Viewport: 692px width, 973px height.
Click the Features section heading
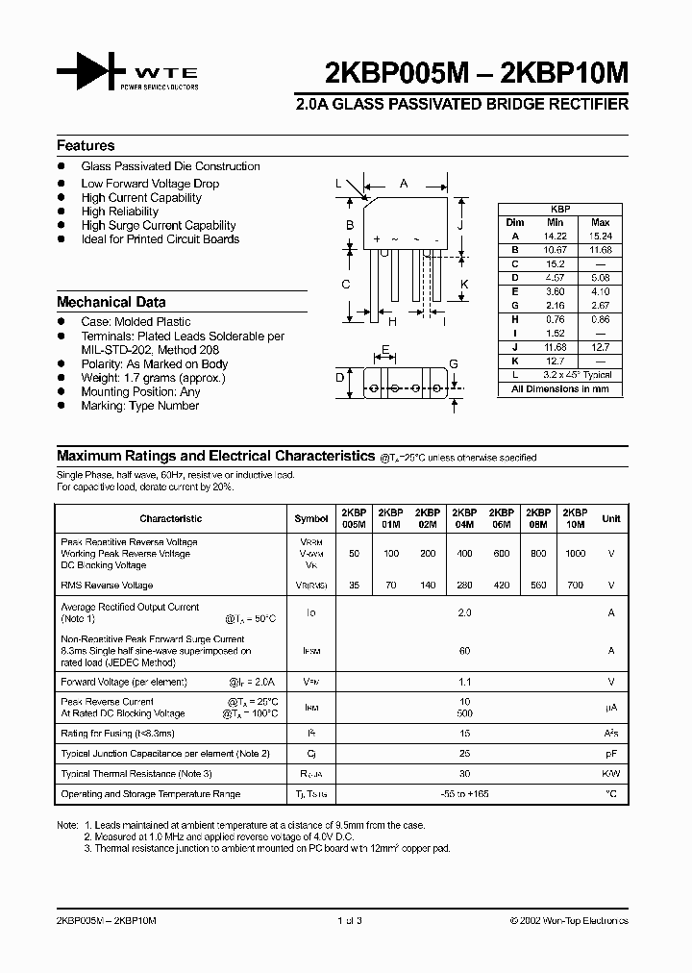pos(86,146)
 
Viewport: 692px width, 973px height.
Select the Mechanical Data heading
pos(111,302)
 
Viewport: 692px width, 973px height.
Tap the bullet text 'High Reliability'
pos(120,212)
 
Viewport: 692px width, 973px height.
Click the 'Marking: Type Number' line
pos(139,406)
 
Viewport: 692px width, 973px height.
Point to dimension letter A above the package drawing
pos(404,183)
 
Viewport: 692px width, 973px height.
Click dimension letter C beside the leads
pos(345,284)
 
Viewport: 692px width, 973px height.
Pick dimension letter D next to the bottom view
pos(339,378)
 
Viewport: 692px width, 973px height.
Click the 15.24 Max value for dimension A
pos(601,236)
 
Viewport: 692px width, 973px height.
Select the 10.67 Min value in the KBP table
pos(556,250)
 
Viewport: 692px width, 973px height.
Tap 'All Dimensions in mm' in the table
pos(560,389)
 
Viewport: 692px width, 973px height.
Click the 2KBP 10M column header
pos(575,518)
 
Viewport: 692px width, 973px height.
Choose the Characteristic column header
pos(171,519)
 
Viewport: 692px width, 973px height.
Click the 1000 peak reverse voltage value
pos(575,554)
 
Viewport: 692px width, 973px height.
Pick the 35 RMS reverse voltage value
pos(354,585)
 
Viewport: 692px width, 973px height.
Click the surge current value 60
pos(464,651)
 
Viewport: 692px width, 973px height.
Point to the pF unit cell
pos(611,753)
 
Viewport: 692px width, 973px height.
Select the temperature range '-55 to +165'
pos(464,794)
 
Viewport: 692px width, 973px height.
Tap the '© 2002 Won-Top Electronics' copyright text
pos(569,921)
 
